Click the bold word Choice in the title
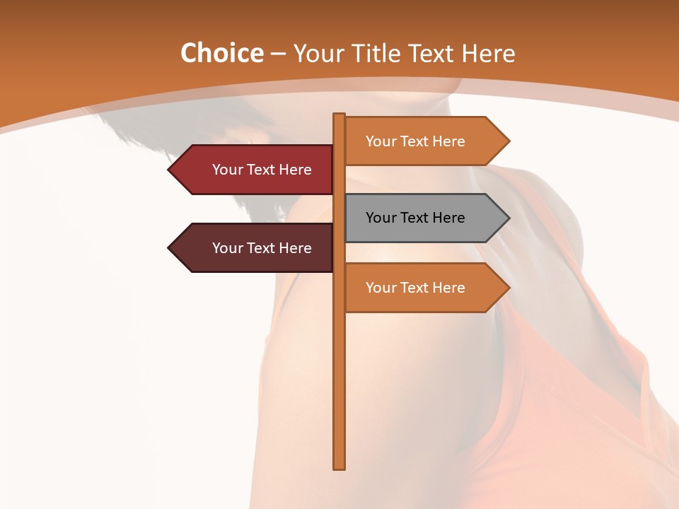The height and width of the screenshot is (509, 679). (221, 53)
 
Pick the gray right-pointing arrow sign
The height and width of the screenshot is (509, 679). (424, 218)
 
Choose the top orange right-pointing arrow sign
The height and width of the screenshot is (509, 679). (424, 141)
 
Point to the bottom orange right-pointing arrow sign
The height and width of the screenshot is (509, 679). (424, 288)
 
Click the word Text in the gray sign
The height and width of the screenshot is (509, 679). (415, 218)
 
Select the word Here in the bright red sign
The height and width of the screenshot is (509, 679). (296, 170)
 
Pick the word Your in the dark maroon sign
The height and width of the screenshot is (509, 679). (228, 248)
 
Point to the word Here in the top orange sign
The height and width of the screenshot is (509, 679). (449, 141)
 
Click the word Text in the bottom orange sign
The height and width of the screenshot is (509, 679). (415, 288)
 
